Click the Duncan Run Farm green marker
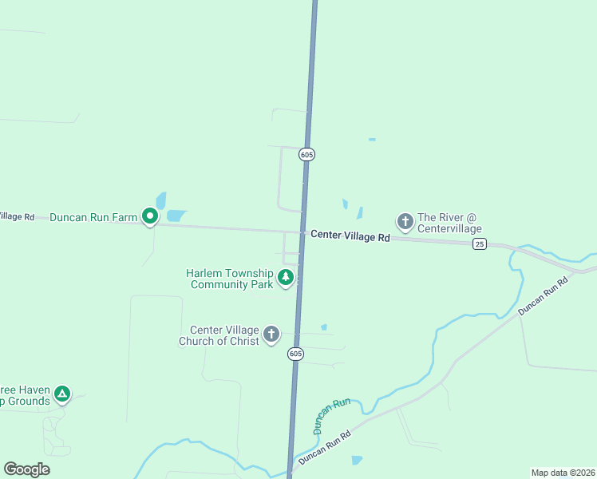point(149,216)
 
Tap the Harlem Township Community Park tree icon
point(285,278)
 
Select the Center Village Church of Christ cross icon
point(271,334)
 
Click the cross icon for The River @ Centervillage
point(405,220)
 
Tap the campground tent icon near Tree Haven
point(61,394)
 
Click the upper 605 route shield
point(307,154)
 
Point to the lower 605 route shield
point(295,354)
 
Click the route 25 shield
point(479,243)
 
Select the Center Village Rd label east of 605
point(350,236)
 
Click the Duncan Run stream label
point(330,416)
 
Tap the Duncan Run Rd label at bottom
point(325,449)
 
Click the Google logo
point(26,469)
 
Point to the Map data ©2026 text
point(563,473)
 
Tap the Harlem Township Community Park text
point(230,278)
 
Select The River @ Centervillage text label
point(450,223)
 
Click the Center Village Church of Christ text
point(224,335)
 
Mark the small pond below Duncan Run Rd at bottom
point(356,461)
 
